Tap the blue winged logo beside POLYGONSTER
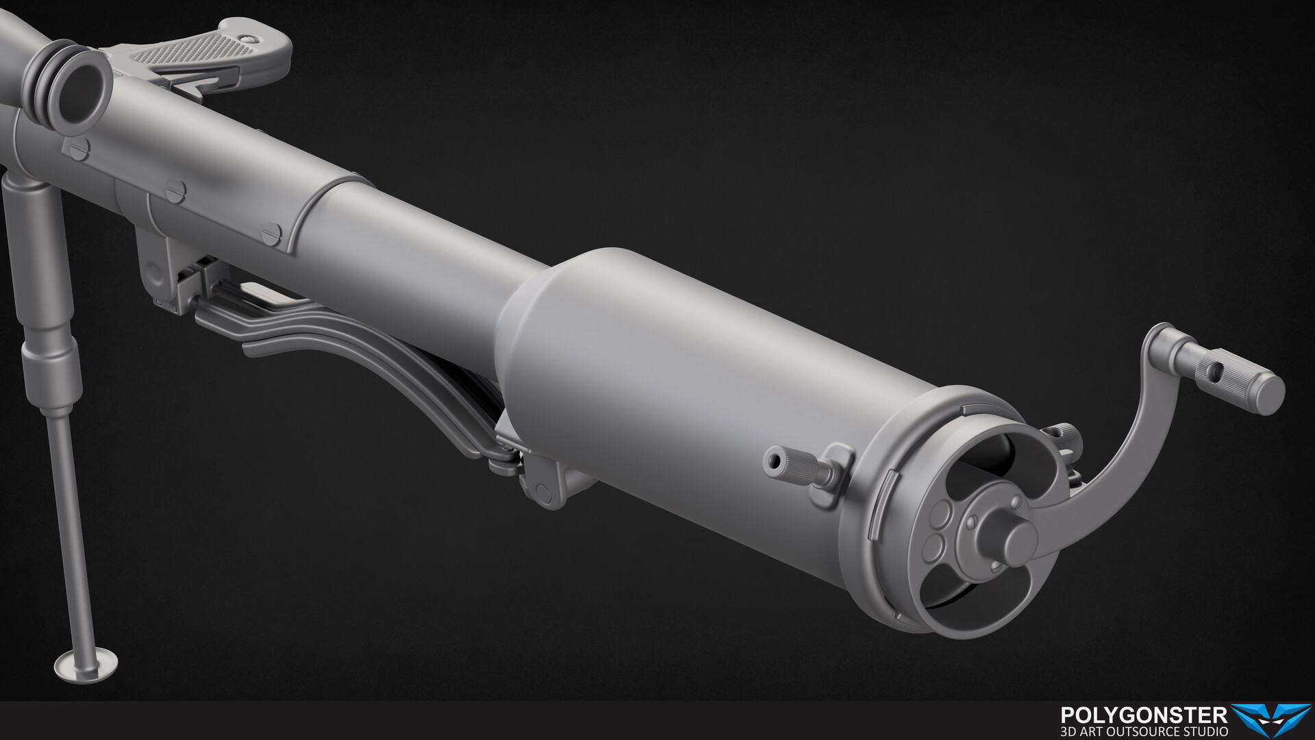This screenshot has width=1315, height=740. coord(1270,719)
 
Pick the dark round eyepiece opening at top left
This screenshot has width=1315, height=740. coord(81,92)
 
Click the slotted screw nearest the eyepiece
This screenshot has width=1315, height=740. coord(79,147)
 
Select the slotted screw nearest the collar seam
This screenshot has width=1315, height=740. coord(271,234)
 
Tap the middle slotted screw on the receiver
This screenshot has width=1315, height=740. coord(175,191)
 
